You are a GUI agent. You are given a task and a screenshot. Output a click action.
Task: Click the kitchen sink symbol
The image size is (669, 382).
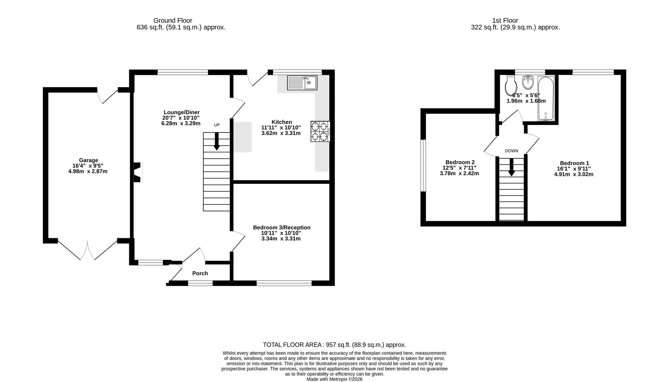(302, 83)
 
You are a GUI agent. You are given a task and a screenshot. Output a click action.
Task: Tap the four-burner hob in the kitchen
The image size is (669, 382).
(320, 131)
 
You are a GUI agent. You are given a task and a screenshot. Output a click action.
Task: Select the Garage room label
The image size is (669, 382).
(89, 160)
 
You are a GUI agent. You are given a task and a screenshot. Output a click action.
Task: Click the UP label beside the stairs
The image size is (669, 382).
(217, 125)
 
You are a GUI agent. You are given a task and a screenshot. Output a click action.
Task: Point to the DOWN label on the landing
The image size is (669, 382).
(511, 151)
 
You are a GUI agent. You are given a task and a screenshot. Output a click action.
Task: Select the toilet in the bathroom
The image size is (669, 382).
(511, 84)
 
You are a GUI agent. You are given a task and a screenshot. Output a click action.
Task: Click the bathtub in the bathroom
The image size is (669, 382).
(545, 99)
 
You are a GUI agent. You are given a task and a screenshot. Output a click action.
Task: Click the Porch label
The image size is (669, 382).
(200, 273)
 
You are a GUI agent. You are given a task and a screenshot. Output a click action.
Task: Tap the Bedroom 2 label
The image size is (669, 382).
(460, 162)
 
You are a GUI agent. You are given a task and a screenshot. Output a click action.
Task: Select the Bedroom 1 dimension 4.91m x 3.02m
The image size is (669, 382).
(574, 174)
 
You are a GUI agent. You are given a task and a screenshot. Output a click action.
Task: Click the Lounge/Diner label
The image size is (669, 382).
(181, 112)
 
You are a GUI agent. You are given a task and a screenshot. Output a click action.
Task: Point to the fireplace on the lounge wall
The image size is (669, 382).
(138, 172)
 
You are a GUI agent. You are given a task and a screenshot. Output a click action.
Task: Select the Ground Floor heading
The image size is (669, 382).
(173, 21)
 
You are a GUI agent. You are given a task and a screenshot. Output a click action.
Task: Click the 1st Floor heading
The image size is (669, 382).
(505, 21)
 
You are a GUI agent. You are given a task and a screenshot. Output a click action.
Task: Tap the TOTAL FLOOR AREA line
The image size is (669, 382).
(334, 345)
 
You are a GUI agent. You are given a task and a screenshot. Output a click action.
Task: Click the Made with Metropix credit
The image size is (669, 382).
(334, 379)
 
